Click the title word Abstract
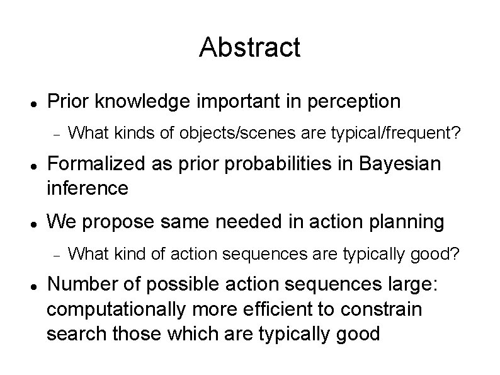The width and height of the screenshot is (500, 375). (x=249, y=47)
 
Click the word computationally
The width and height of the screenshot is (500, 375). (x=116, y=310)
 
